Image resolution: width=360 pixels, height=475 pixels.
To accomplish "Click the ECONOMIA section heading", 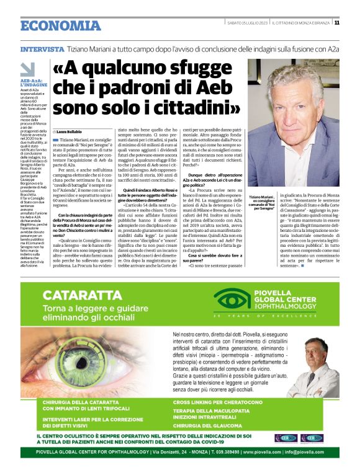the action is click(x=60, y=25).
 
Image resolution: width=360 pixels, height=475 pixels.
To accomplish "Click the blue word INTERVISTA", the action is click(x=42, y=48).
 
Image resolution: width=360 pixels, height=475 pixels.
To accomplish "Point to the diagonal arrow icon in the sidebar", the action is click(x=27, y=69).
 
